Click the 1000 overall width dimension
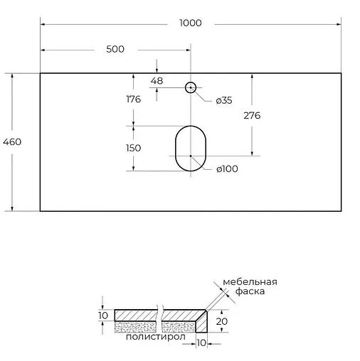tap(191, 23)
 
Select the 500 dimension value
tap(115, 49)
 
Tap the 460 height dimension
tap(12, 141)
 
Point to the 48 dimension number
tap(157, 81)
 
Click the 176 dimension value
tap(132, 99)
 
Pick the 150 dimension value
tap(132, 148)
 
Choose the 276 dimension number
tap(251, 115)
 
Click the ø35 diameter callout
tap(223, 100)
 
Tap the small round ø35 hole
tap(190, 87)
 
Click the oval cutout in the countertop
tap(190, 148)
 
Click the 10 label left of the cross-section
tap(102, 315)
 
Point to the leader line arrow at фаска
tap(208, 308)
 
